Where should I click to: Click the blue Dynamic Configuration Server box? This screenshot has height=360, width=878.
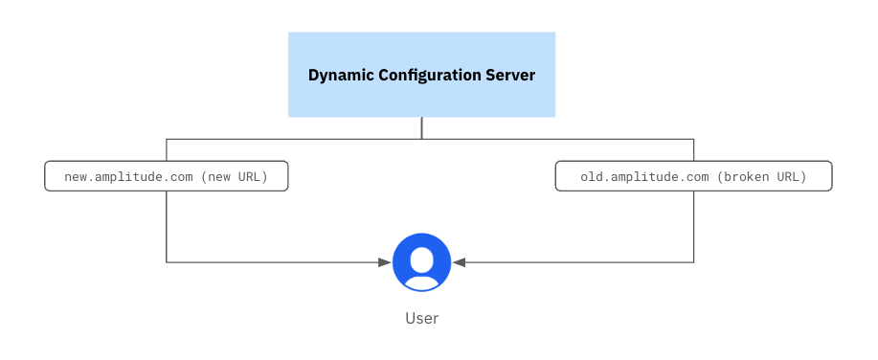(421, 75)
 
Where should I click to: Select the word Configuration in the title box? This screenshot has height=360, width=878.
(428, 75)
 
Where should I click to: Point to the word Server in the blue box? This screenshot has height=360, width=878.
(511, 75)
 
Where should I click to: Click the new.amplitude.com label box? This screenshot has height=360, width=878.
(167, 176)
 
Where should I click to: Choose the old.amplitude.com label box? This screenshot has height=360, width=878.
(693, 176)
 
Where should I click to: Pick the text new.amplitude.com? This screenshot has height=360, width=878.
(127, 177)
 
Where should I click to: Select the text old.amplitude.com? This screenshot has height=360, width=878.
(644, 177)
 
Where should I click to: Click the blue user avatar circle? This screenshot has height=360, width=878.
(421, 261)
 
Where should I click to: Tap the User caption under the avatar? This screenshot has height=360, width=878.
(421, 318)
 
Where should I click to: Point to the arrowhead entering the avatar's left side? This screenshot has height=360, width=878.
(385, 261)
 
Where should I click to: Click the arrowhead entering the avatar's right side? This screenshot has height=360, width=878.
(459, 261)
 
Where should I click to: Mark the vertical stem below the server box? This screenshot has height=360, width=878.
(421, 128)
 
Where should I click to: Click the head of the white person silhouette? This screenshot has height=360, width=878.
(421, 257)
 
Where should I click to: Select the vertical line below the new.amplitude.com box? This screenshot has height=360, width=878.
(167, 225)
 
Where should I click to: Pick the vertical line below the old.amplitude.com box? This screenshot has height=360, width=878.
(693, 225)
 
